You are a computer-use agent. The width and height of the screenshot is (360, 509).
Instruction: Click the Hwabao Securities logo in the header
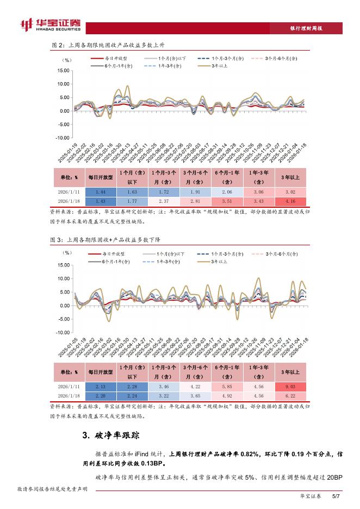click(49, 25)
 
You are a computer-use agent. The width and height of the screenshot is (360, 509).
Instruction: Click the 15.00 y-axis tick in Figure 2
click(63, 71)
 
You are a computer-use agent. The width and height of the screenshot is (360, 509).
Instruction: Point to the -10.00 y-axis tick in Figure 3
click(62, 332)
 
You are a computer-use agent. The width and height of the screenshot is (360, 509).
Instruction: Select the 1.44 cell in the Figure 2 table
click(100, 192)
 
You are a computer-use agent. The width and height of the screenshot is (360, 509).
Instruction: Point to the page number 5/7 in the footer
click(335, 496)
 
